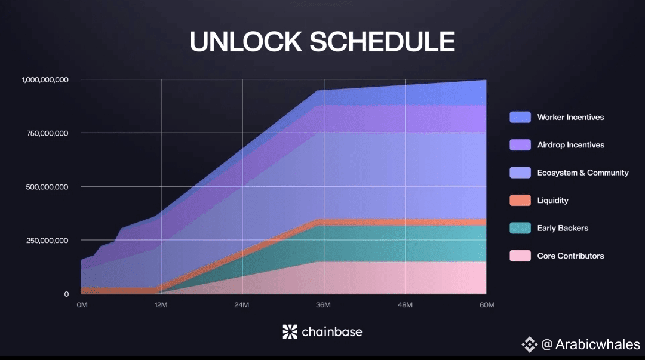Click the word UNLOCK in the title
tap(245, 42)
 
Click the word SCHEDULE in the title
tap(382, 42)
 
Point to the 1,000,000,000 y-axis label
tap(45, 80)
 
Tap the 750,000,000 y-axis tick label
tap(47, 133)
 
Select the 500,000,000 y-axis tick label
tap(47, 187)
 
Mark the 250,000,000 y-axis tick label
tap(47, 241)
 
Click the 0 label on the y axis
tap(66, 294)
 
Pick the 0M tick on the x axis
tap(82, 305)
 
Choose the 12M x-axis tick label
tap(161, 305)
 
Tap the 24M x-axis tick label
tap(242, 305)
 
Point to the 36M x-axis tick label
tap(323, 305)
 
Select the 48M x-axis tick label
tap(405, 305)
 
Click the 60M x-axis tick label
tap(487, 305)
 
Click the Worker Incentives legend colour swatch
tap(520, 117)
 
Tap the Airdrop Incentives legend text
tap(571, 145)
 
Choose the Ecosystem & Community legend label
tap(583, 173)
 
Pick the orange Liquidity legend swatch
tap(520, 201)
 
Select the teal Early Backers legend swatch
tap(520, 228)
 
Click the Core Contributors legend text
tap(570, 256)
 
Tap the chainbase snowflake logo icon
tap(290, 331)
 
